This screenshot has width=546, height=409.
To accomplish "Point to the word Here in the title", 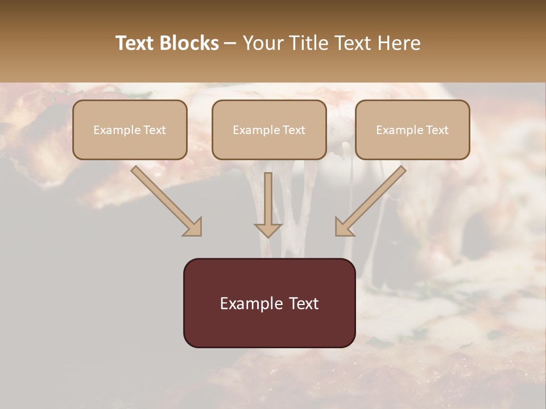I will tap(400, 43).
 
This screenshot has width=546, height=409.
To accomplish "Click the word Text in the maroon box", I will tap(304, 304).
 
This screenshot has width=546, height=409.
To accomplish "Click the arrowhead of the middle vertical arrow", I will tap(268, 230).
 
